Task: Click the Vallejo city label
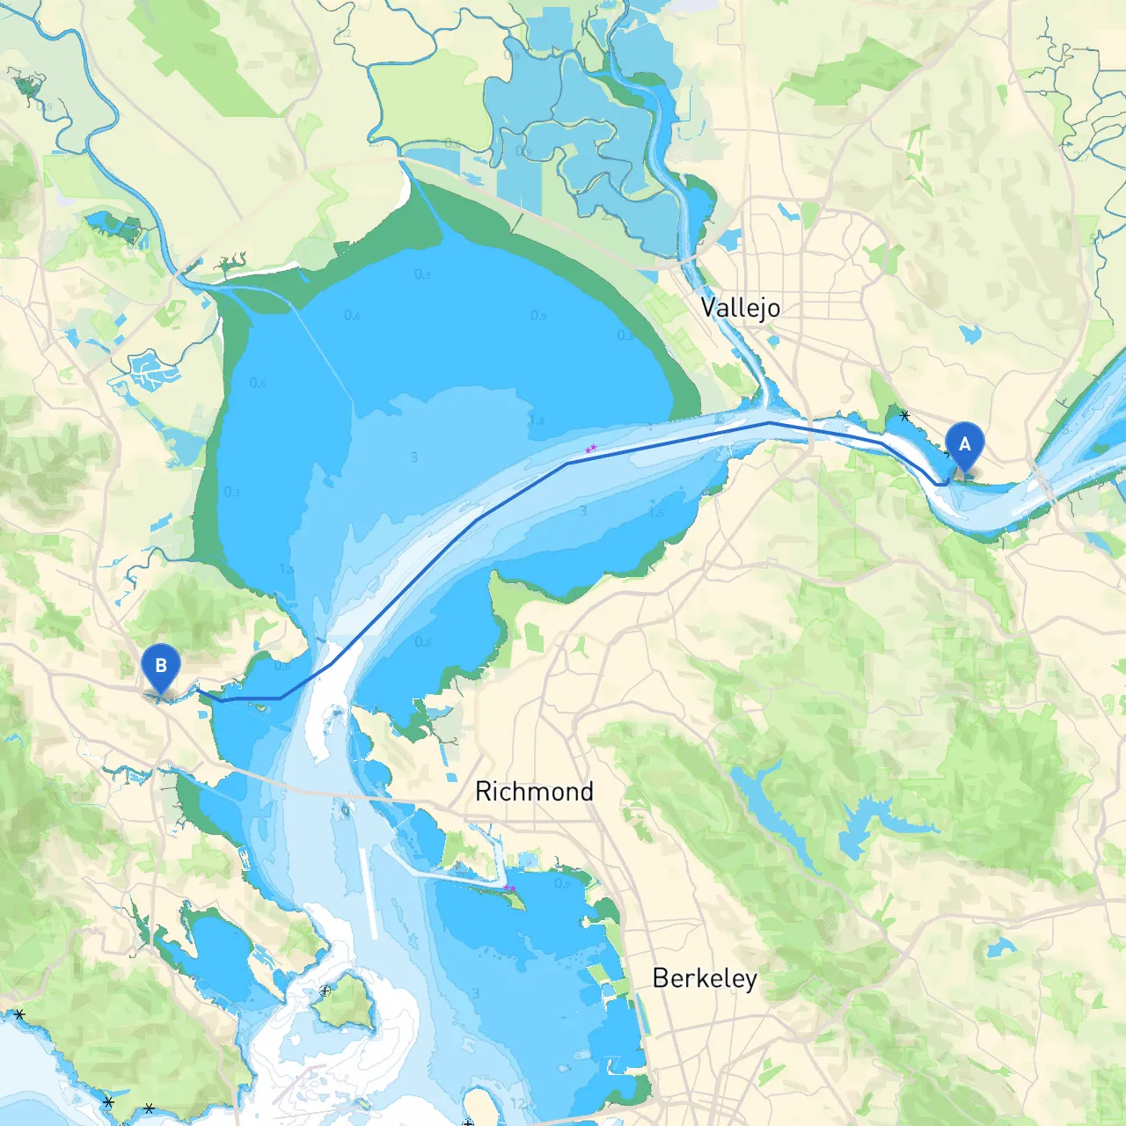[x=740, y=308]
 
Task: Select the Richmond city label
[x=534, y=792]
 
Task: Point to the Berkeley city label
[x=704, y=978]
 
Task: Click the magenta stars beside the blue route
[x=591, y=449]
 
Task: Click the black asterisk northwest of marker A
[x=904, y=415]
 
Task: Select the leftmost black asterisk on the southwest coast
[x=19, y=1014]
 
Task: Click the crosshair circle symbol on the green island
[x=325, y=991]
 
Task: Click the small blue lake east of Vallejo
[x=970, y=333]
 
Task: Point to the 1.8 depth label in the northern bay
[x=536, y=420]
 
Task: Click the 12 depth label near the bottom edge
[x=518, y=1103]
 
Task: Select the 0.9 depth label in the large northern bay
[x=538, y=315]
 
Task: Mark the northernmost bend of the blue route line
[x=769, y=423]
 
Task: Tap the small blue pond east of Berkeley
[x=998, y=948]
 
